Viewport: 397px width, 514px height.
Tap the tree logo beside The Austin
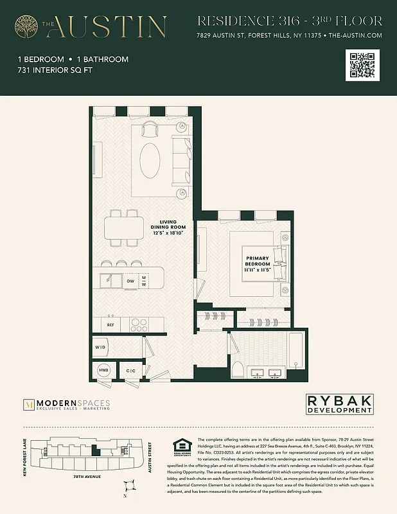28,26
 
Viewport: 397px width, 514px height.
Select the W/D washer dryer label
101,348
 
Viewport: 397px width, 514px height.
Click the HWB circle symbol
103,371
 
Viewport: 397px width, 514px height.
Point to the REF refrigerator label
110,325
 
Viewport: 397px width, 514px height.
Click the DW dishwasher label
130,281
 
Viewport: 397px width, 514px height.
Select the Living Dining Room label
168,227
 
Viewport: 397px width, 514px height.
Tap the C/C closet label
130,371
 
